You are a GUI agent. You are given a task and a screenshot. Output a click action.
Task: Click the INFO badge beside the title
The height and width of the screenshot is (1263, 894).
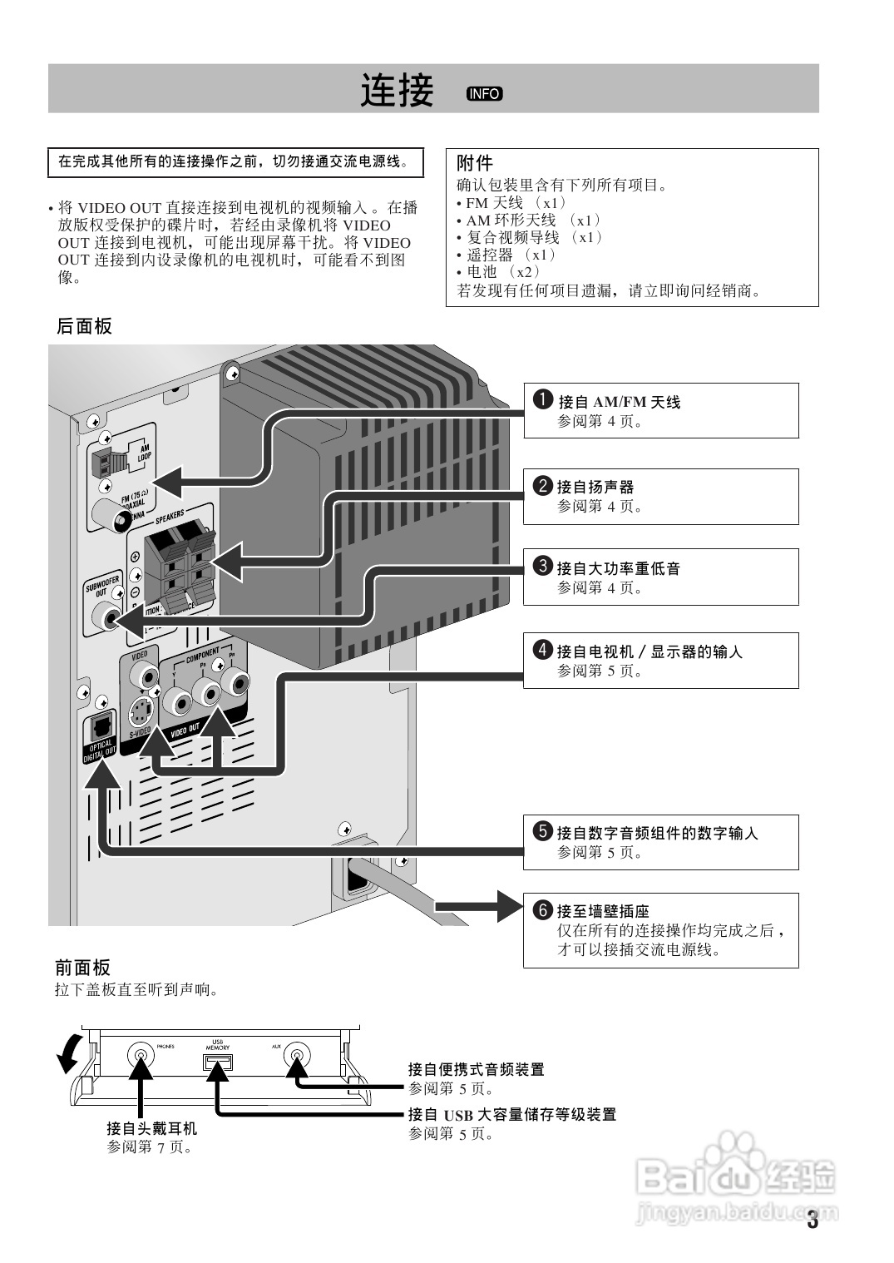pos(484,93)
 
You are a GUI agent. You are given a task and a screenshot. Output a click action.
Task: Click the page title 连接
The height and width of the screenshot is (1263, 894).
pos(397,90)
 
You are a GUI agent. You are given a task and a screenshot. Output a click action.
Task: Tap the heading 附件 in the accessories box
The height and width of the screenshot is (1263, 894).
pos(475,163)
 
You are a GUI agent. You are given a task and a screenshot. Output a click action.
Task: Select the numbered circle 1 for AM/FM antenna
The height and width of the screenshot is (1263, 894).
pos(542,399)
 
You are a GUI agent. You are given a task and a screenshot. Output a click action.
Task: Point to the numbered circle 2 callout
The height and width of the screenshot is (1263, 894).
pos(542,485)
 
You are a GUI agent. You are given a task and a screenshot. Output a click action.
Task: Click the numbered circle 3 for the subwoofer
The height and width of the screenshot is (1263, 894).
pos(542,567)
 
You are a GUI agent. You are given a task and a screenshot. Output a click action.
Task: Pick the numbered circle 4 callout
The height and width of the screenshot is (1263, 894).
pos(542,650)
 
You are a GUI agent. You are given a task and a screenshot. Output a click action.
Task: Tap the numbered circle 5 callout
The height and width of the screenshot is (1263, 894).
pos(542,830)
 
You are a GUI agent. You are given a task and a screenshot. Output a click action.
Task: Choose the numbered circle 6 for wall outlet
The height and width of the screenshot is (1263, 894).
pos(542,909)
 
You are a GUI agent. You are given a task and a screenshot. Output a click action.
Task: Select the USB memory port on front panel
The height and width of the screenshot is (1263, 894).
pos(218,1062)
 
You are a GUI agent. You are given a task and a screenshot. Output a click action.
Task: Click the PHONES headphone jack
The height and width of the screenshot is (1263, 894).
pos(141,1057)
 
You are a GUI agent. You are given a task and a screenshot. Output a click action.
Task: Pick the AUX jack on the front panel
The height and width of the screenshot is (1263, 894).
pos(295,1057)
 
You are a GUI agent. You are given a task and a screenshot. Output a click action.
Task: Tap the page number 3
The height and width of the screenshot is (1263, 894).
pos(813,1221)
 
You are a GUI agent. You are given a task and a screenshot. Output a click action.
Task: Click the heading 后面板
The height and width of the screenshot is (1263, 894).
pos(84,327)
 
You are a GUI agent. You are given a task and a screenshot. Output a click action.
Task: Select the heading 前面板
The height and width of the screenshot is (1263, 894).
pos(82,968)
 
